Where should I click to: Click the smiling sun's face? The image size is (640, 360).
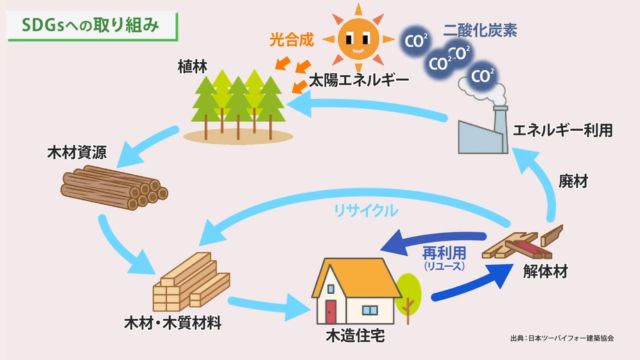click(x=358, y=39)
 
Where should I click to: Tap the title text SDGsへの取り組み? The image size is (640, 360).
click(x=90, y=25)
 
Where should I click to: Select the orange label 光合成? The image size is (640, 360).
click(x=291, y=40)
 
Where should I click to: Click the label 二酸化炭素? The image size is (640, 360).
click(x=480, y=31)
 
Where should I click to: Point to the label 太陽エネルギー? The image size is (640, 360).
click(x=359, y=80)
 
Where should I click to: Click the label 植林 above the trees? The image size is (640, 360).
click(x=193, y=67)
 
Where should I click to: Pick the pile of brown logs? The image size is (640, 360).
click(x=114, y=187)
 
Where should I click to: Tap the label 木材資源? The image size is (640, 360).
click(x=77, y=152)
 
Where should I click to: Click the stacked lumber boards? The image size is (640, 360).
click(x=191, y=282)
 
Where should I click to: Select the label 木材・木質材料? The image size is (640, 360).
click(x=173, y=323)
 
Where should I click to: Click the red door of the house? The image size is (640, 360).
click(x=331, y=312)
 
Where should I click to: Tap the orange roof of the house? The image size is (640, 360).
click(x=356, y=278)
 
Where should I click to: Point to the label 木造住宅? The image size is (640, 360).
click(x=355, y=336)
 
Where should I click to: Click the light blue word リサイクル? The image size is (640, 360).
click(x=365, y=211)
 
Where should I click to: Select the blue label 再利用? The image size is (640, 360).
click(x=444, y=253)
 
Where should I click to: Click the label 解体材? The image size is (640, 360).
click(x=545, y=271)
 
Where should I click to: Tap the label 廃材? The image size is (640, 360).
click(x=573, y=182)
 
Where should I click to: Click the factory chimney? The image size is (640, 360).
click(x=500, y=129)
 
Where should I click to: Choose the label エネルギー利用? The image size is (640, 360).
click(x=563, y=130)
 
